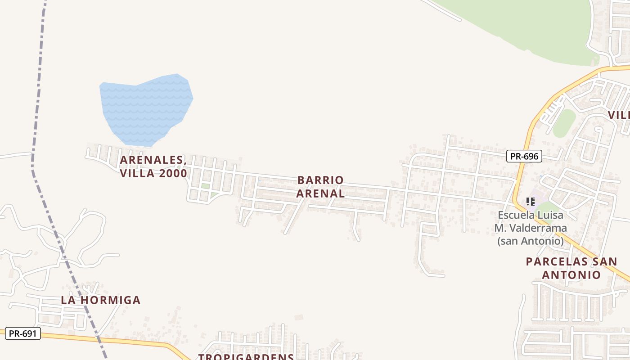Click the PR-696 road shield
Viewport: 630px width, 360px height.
tap(524, 156)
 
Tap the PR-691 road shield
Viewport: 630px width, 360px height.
tap(23, 333)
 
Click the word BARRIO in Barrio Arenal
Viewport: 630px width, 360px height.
tap(320, 180)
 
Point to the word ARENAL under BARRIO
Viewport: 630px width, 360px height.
tap(320, 193)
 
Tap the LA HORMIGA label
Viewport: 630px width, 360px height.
tap(101, 300)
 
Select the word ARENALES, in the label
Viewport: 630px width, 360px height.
tap(153, 160)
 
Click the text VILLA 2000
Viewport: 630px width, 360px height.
tap(153, 173)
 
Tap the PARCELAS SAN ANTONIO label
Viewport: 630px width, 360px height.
tap(571, 268)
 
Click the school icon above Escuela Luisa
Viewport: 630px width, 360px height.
tap(531, 201)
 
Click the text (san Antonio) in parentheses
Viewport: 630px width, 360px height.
tap(531, 241)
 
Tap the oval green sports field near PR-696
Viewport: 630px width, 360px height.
tap(564, 123)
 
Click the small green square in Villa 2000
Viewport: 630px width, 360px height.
tap(205, 186)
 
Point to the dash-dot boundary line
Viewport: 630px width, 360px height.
tap(39, 90)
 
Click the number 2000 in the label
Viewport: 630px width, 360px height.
tap(170, 173)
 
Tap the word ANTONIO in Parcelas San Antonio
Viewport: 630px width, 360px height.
tap(571, 275)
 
